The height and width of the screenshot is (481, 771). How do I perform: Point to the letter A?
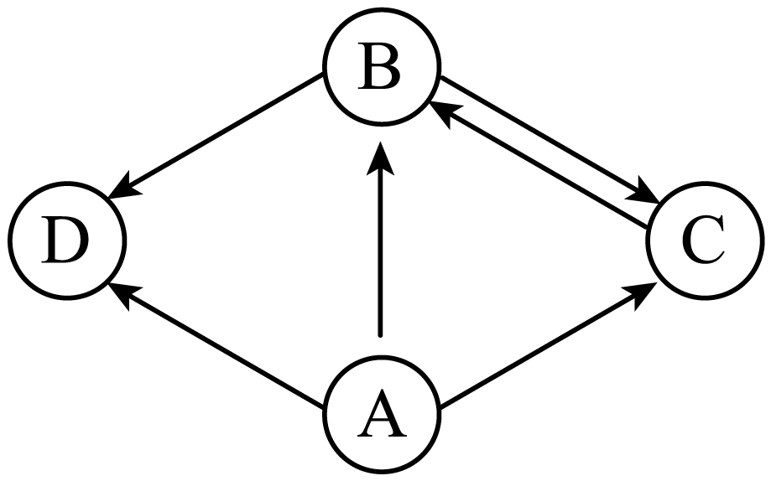[x=382, y=413]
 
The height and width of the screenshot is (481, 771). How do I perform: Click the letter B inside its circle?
[x=379, y=67]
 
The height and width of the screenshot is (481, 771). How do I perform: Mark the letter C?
[x=703, y=240]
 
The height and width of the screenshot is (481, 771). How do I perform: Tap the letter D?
[x=65, y=240]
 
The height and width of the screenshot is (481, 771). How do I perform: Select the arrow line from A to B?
[x=380, y=239]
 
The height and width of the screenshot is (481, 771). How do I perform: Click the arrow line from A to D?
[x=216, y=345]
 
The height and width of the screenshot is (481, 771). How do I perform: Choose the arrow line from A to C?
[x=548, y=345]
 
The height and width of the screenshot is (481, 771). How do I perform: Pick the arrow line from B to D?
[x=216, y=136]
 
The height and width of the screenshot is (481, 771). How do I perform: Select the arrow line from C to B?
[x=539, y=165]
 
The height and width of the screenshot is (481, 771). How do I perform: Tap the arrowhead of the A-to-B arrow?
[x=380, y=158]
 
